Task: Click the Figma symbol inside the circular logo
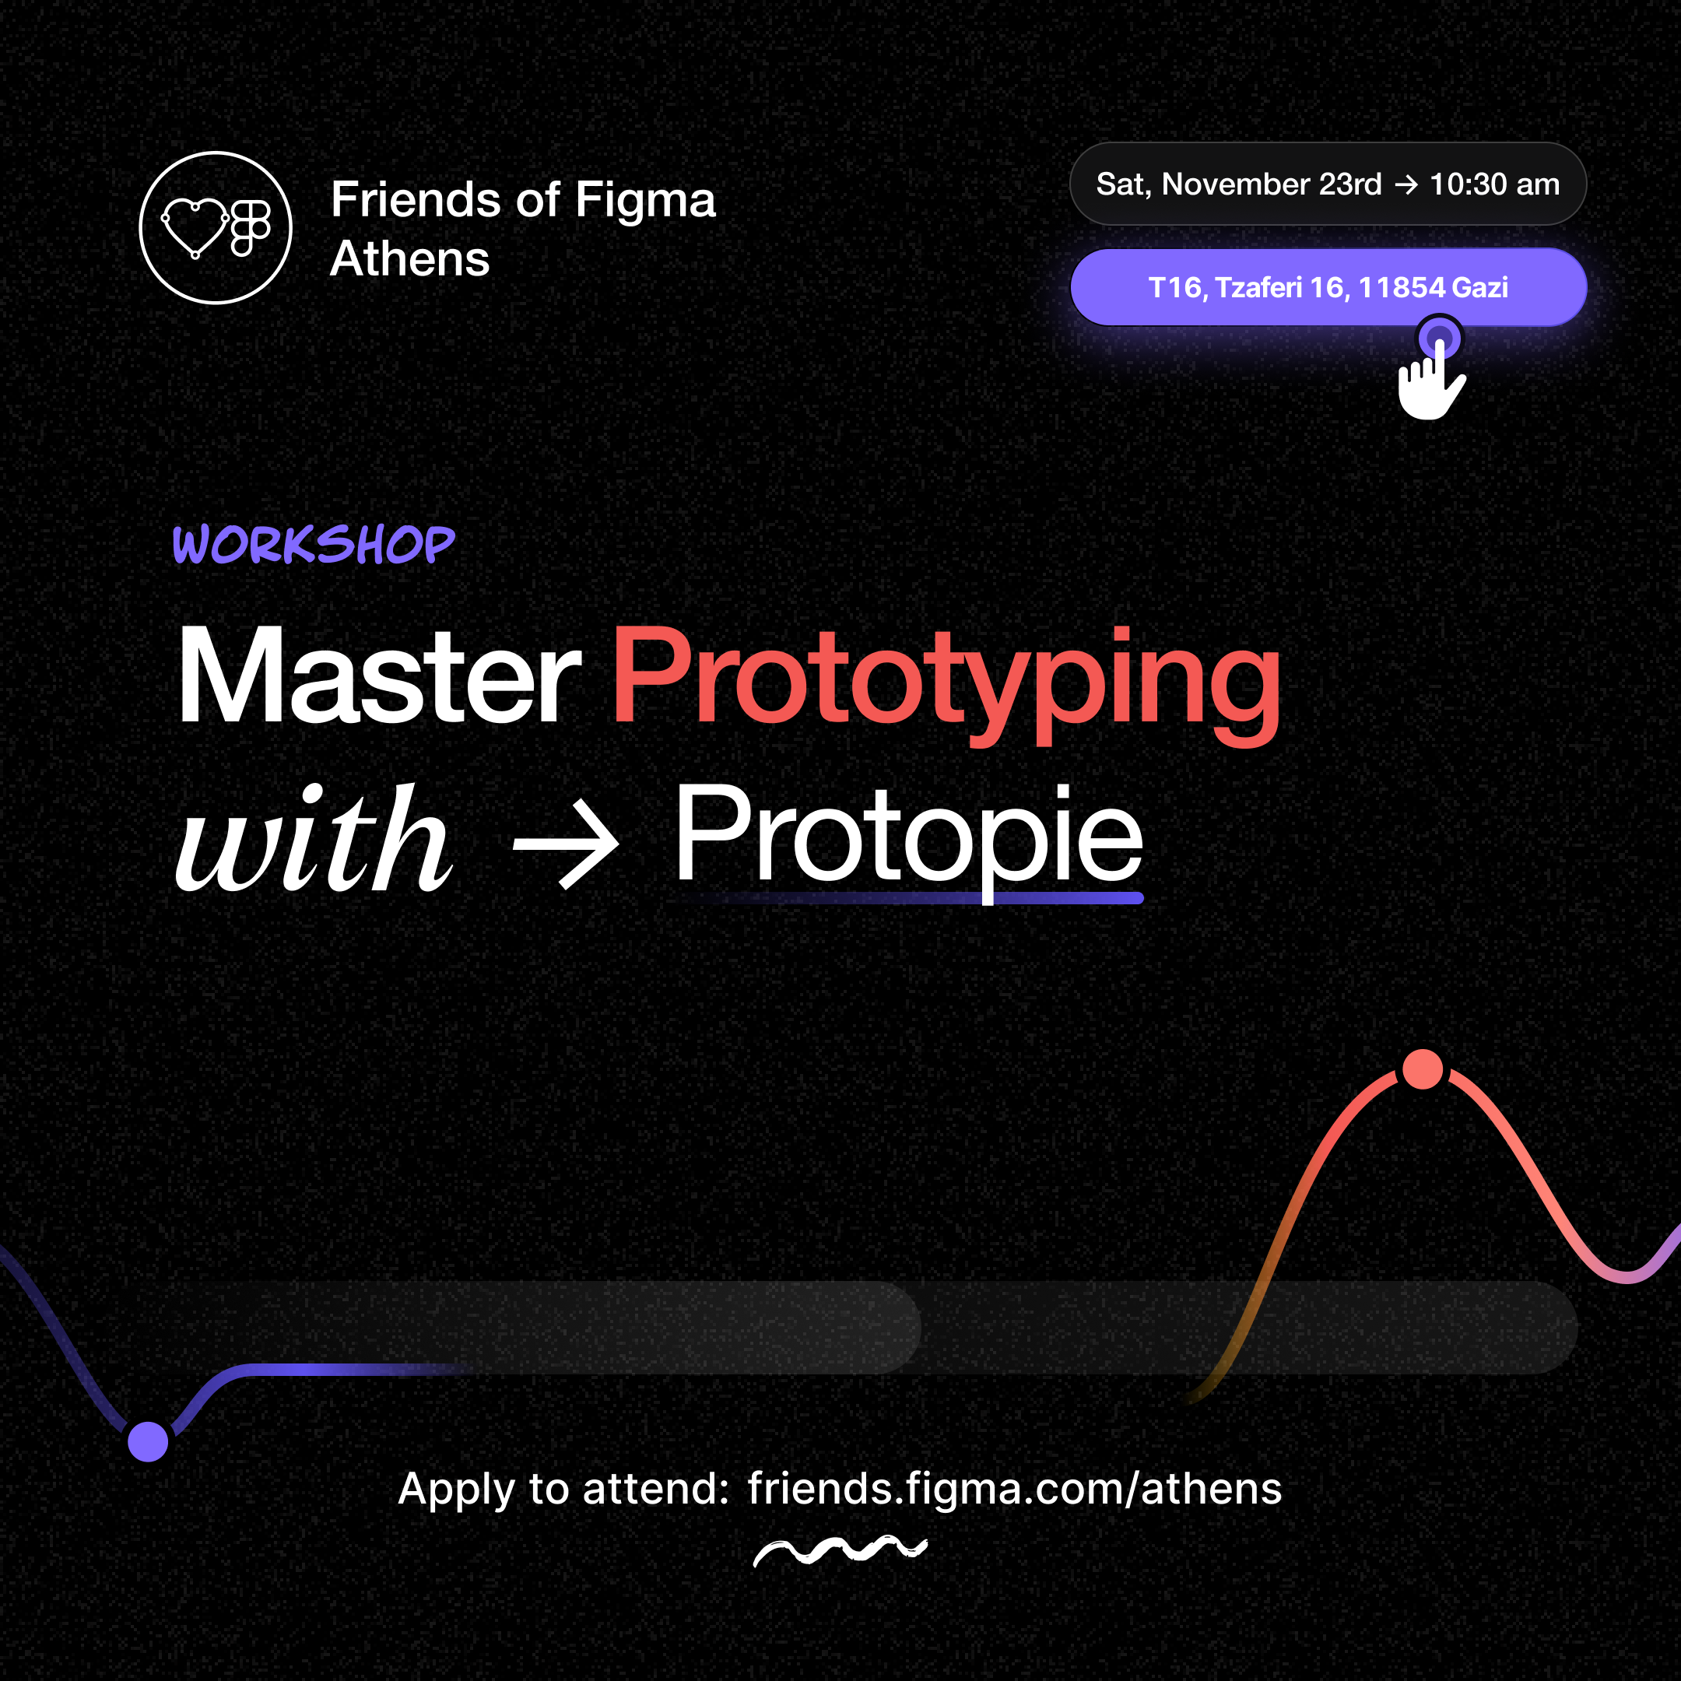[251, 228]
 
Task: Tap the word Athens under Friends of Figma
[410, 259]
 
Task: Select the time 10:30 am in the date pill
[1494, 184]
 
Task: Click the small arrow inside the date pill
[1406, 184]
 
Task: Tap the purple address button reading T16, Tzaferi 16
[1327, 287]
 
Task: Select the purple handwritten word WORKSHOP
[313, 545]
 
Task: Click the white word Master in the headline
[378, 676]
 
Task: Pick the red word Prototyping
[946, 679]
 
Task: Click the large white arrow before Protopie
[567, 842]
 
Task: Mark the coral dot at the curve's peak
[1423, 1069]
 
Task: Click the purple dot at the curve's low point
[148, 1442]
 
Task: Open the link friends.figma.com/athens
[1013, 1489]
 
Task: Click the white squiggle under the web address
[840, 1550]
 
